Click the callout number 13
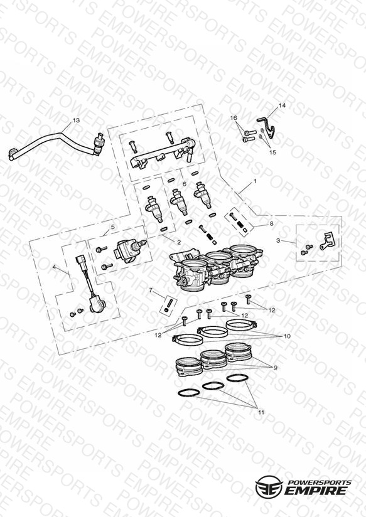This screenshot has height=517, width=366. [x=76, y=120]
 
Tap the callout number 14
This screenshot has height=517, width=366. [x=282, y=105]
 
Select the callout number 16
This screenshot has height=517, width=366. [x=234, y=118]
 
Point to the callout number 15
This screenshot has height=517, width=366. [x=272, y=152]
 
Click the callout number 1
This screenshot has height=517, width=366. [x=255, y=181]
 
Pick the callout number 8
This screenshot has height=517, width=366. [x=271, y=223]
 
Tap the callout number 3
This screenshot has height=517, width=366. [x=278, y=241]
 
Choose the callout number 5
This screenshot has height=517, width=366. [x=112, y=227]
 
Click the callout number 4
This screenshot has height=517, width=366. [x=54, y=267]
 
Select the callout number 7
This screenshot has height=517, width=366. [x=151, y=290]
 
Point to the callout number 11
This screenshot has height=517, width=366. [x=261, y=412]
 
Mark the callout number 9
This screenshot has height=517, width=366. [x=275, y=368]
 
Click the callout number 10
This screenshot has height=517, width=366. [x=287, y=336]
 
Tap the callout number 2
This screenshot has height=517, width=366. [x=179, y=242]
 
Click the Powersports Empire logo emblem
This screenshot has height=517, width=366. [x=269, y=486]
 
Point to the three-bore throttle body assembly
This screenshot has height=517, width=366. [x=216, y=267]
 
